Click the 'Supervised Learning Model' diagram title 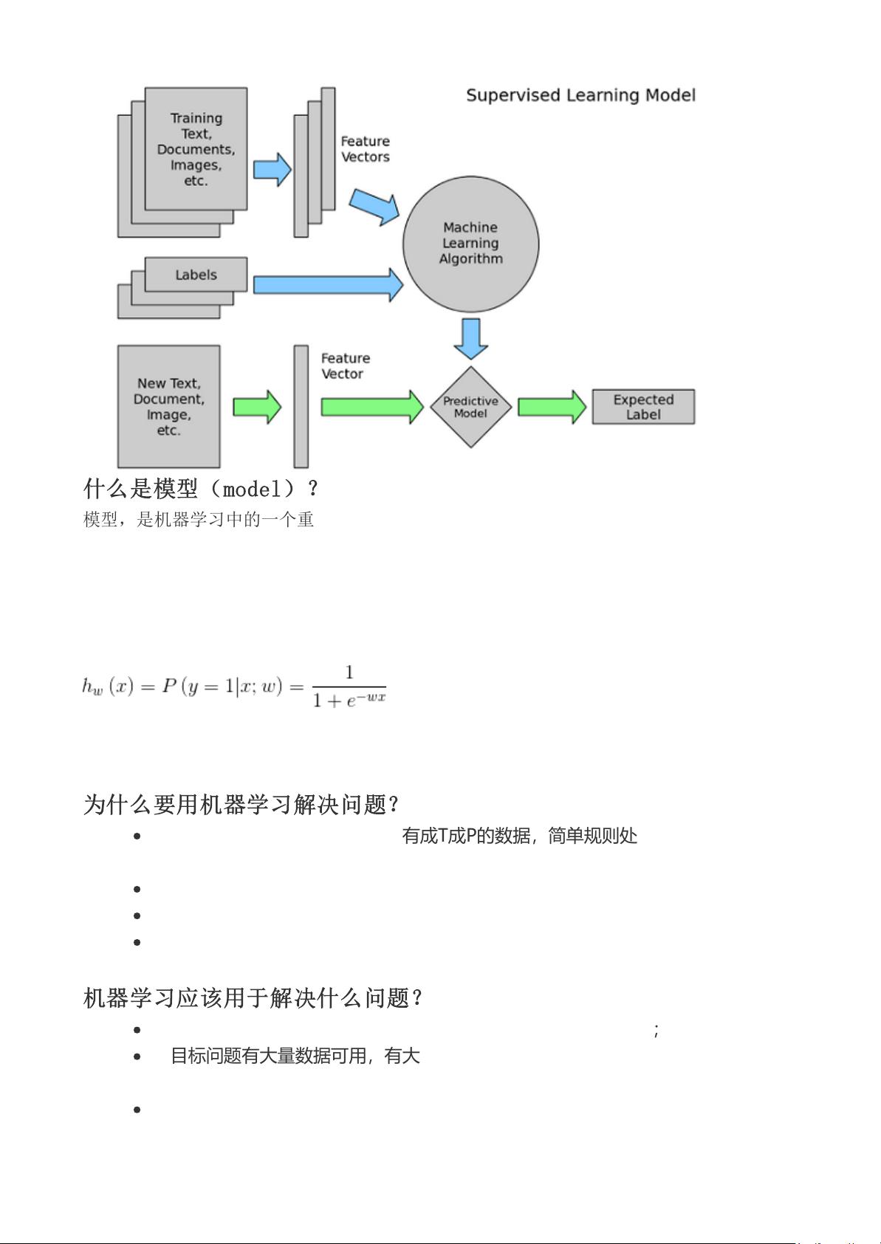(x=580, y=95)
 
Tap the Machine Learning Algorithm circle (x=470, y=244)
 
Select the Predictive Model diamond (x=470, y=407)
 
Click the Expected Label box (x=643, y=407)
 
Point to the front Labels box (x=196, y=275)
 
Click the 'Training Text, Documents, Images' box (x=196, y=149)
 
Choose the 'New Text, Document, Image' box (x=169, y=407)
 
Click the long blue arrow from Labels (x=329, y=285)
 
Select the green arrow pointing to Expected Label (x=552, y=407)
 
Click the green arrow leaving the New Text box (x=257, y=407)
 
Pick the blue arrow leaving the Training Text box (x=272, y=169)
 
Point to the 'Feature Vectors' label (x=365, y=149)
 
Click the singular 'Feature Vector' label (x=345, y=366)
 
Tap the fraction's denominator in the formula (x=349, y=700)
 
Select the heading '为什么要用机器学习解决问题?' (x=241, y=805)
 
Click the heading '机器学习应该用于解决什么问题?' (x=253, y=998)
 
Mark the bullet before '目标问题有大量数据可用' (x=137, y=1056)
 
